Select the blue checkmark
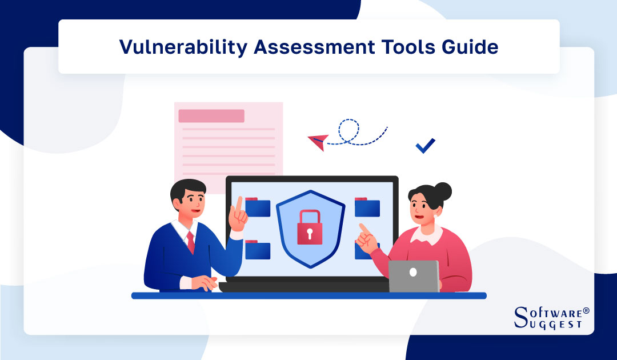(425, 146)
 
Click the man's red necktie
(191, 243)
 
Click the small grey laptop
(414, 276)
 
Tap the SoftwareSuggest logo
(551, 318)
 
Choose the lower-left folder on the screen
(258, 250)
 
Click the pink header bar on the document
(211, 116)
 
